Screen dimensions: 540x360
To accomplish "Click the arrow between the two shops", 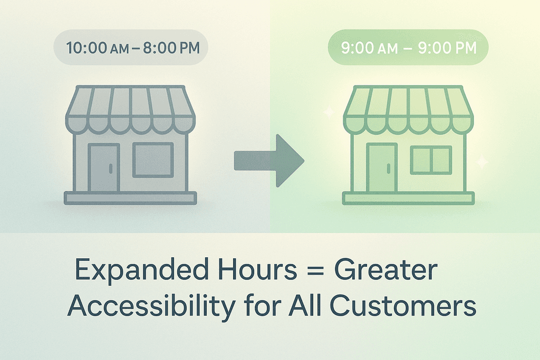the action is pyautogui.click(x=269, y=161).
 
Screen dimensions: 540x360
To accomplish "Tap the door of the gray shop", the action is pyautogui.click(x=104, y=168).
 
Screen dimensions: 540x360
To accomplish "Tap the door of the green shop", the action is pyautogui.click(x=382, y=168).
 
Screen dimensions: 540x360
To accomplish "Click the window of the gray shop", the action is pyautogui.click(x=153, y=160).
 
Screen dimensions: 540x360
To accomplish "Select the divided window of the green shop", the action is pyautogui.click(x=431, y=160).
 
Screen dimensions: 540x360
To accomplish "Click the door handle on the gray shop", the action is pyautogui.click(x=111, y=168).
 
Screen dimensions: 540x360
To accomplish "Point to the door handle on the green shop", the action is pyautogui.click(x=389, y=168).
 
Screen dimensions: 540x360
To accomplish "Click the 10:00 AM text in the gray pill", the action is pyautogui.click(x=98, y=48).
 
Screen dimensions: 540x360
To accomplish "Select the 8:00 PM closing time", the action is pyautogui.click(x=171, y=48).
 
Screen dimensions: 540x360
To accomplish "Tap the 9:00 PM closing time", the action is pyautogui.click(x=447, y=48).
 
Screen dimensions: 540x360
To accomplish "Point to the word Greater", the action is pyautogui.click(x=385, y=269).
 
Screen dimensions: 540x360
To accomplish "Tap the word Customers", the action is pyautogui.click(x=403, y=306).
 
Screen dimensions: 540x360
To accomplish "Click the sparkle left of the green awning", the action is pyautogui.click(x=327, y=112).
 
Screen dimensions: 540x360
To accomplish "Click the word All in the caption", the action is pyautogui.click(x=305, y=305).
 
